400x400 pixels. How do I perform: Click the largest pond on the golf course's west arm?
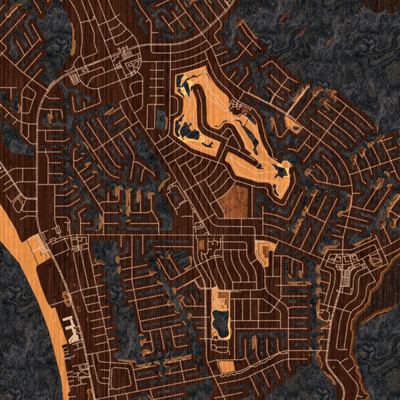click(x=189, y=130)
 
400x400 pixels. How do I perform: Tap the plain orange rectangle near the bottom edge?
click(x=227, y=367)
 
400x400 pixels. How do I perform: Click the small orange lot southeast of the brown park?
click(x=266, y=253)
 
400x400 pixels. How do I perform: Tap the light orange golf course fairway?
click(x=200, y=107)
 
